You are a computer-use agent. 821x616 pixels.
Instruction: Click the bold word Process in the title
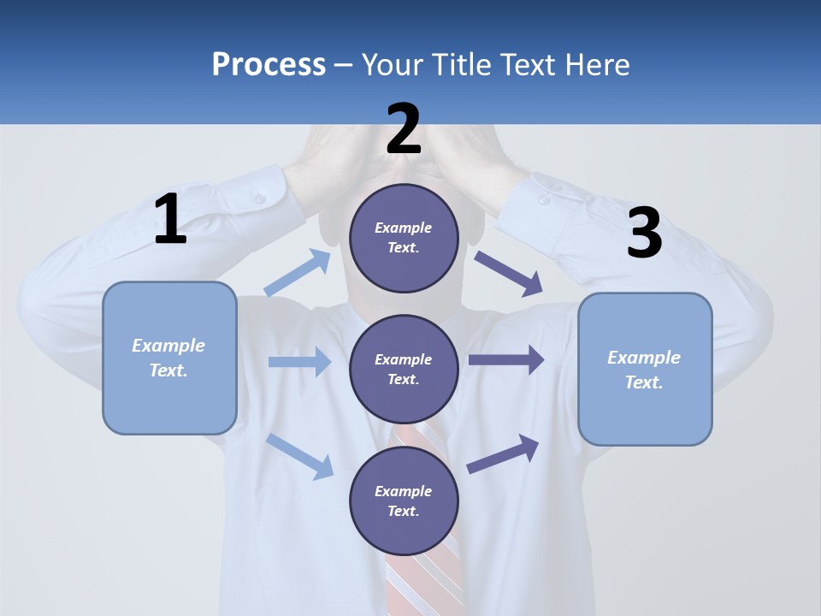tap(269, 65)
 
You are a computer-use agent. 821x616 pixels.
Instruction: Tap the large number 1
tap(170, 220)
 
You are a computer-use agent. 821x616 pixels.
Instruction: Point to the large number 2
tap(404, 129)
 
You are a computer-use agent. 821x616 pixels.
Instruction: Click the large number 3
tap(644, 233)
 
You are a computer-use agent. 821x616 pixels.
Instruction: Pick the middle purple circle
tap(404, 369)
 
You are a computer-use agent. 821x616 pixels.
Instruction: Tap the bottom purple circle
tap(404, 500)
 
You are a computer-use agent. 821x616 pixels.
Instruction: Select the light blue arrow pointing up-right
tap(298, 273)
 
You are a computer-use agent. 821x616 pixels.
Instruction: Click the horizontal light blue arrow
tap(299, 362)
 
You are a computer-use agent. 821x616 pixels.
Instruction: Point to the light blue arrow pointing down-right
tap(299, 455)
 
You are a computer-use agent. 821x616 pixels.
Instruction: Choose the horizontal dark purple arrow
tap(506, 360)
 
